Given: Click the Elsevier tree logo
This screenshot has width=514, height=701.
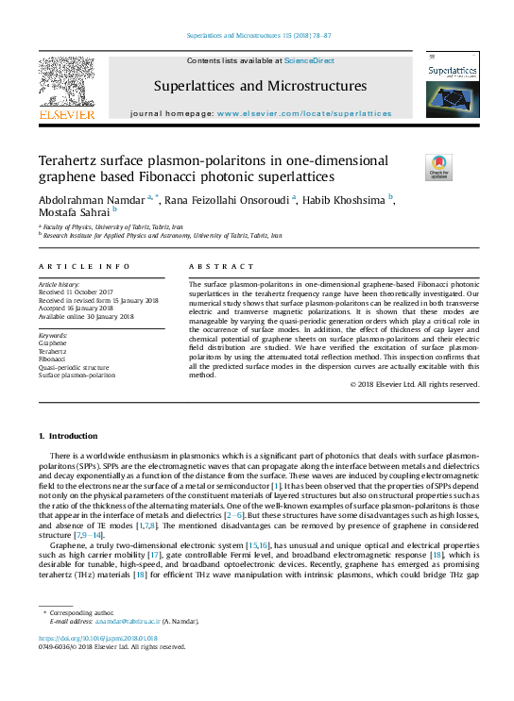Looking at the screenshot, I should pos(66,83).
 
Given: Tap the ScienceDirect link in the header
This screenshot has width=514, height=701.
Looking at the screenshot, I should pos(310,60).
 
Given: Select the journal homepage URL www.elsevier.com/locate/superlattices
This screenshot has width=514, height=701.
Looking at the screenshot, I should pos(304,113).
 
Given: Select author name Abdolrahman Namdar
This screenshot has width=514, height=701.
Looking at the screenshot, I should pos(92,200).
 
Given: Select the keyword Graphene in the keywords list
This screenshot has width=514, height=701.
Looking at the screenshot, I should pos(52,343).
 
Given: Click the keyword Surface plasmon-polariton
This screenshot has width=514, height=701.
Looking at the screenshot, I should pos(77,375).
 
